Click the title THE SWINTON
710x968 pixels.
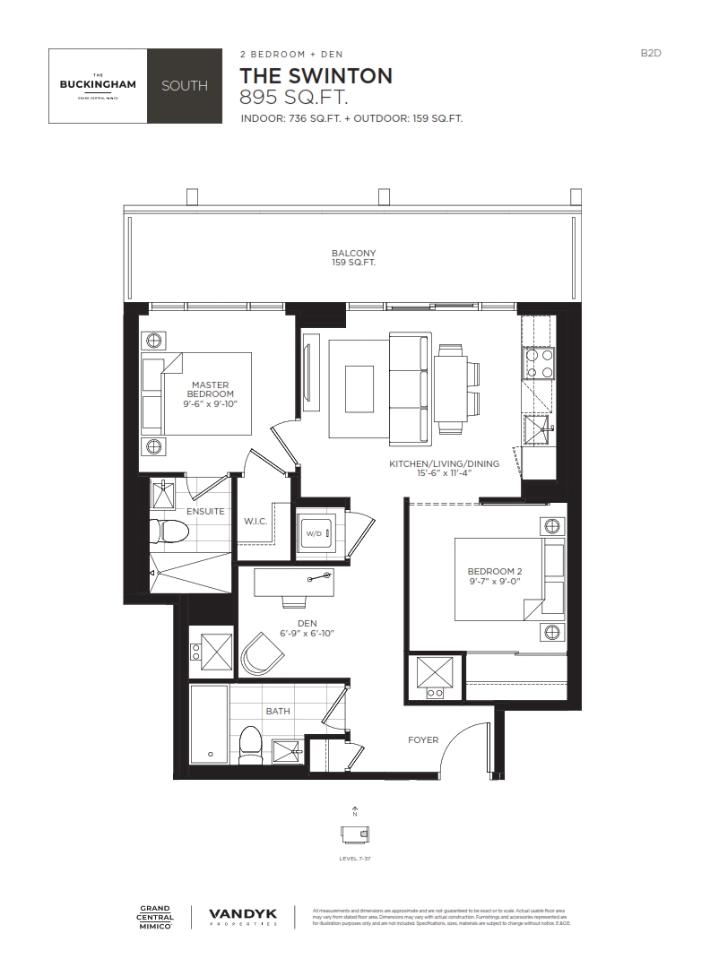coord(316,76)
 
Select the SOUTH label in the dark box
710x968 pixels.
coord(185,86)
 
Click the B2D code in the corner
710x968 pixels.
coord(650,54)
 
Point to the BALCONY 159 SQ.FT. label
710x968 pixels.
coord(353,258)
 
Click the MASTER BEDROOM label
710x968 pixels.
coord(211,390)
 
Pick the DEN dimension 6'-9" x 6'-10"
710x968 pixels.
coord(307,634)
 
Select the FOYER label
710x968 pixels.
coord(423,740)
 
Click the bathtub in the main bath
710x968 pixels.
coord(210,725)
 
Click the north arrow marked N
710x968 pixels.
coord(356,811)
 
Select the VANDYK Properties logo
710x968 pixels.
coord(242,916)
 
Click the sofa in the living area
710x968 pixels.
coord(411,388)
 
